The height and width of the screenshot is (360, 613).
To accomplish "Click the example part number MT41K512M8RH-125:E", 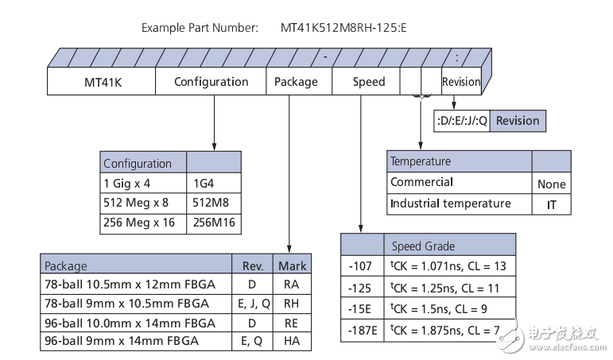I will pos(344,28).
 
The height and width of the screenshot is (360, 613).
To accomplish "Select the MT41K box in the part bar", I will pos(101,82).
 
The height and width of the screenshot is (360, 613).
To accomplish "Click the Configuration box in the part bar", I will pos(211,82).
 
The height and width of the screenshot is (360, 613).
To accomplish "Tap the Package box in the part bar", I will pos(296,82).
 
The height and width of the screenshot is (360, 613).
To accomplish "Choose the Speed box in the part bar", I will pos(369,82).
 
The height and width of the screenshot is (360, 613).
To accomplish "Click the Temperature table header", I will pos(460,161).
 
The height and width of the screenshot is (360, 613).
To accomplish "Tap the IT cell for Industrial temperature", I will pos(551,204).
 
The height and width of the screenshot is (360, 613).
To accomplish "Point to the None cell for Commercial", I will pos(551,184).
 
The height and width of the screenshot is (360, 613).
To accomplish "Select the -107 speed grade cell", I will pos(362,266).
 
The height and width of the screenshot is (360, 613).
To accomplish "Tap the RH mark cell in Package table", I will pos(291,304).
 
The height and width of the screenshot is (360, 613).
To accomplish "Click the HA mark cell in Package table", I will pos(291,341).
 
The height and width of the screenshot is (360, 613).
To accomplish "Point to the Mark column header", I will pos(291,266).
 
